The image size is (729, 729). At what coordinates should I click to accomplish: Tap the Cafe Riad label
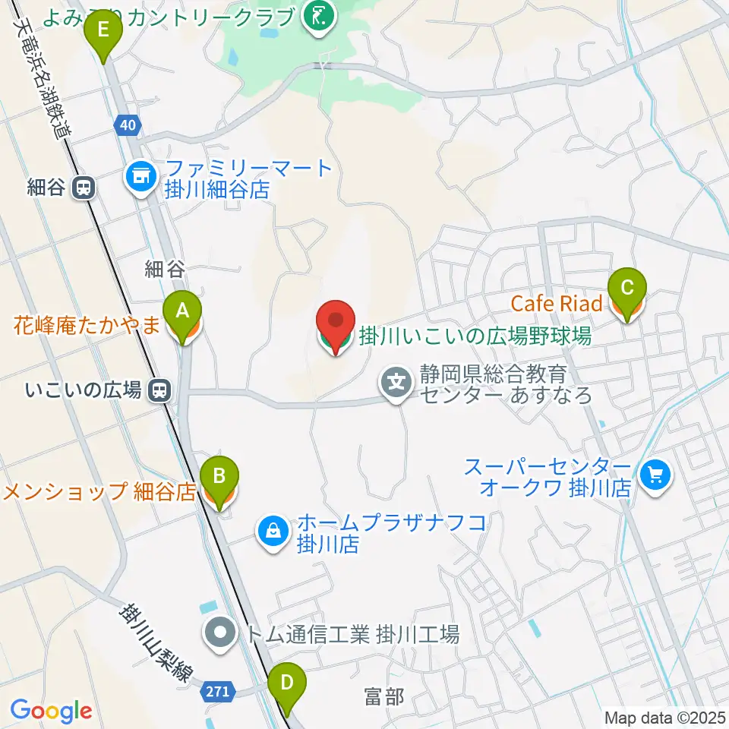(x=557, y=304)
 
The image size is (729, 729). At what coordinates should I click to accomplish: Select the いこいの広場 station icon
(x=159, y=390)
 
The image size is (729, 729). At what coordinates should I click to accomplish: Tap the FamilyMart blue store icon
(x=140, y=178)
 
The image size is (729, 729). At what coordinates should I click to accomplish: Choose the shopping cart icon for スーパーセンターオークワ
(x=654, y=476)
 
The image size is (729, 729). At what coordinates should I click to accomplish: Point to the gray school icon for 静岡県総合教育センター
(x=397, y=383)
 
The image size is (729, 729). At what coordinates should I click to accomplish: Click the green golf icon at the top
(x=318, y=19)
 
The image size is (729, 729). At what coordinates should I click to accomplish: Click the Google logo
(x=51, y=711)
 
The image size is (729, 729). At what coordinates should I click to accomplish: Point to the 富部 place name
(x=384, y=696)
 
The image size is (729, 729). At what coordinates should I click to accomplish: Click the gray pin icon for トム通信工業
(x=220, y=631)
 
